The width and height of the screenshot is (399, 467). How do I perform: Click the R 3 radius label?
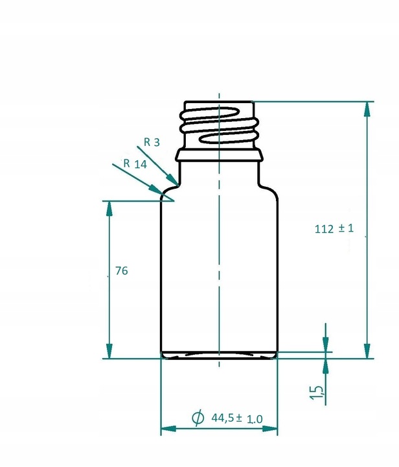152,142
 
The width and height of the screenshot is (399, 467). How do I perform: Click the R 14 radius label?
135,164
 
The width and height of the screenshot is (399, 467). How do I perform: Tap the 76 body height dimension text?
120,271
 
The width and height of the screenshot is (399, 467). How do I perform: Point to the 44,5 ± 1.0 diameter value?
236,418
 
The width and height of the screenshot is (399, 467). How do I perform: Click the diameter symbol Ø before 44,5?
198,418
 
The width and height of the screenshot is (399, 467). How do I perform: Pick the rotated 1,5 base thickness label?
318,392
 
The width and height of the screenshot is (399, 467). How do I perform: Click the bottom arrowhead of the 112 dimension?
368,350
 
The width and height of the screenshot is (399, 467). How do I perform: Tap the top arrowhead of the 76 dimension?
109,209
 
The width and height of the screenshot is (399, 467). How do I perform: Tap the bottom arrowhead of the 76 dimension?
109,350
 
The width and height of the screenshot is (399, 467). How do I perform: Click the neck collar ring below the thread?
220,154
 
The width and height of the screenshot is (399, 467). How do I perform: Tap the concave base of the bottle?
220,355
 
